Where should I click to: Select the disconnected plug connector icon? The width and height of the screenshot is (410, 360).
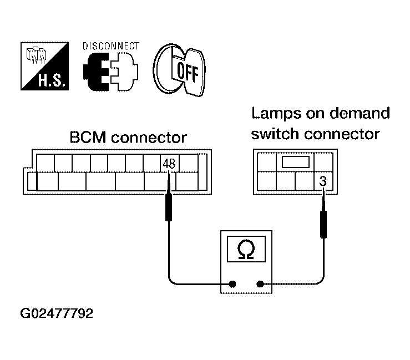[110, 71]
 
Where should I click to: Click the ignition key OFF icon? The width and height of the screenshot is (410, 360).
[178, 68]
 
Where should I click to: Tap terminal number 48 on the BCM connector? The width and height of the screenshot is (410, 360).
[169, 164]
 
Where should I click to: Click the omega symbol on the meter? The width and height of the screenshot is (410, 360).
[245, 251]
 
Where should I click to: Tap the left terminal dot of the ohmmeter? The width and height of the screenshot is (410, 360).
[232, 284]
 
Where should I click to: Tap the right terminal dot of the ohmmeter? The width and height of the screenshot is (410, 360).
[260, 284]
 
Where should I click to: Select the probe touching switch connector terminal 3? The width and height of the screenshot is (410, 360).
[322, 219]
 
